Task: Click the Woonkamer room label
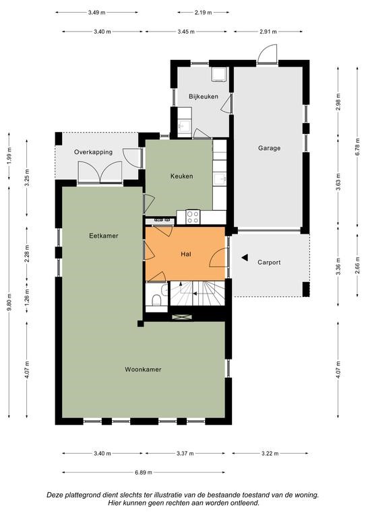(143, 370)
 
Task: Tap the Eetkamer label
(104, 236)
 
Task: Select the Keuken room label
(181, 176)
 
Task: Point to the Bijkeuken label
(204, 97)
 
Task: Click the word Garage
(270, 148)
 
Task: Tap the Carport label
(269, 263)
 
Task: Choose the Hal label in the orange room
(186, 254)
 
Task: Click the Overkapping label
(93, 152)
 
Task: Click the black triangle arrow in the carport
(245, 258)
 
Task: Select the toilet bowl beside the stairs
(156, 300)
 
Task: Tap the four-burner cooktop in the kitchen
(193, 217)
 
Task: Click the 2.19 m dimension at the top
(203, 13)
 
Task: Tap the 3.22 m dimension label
(270, 453)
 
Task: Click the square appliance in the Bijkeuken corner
(218, 74)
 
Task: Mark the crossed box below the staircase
(182, 317)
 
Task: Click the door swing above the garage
(268, 54)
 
